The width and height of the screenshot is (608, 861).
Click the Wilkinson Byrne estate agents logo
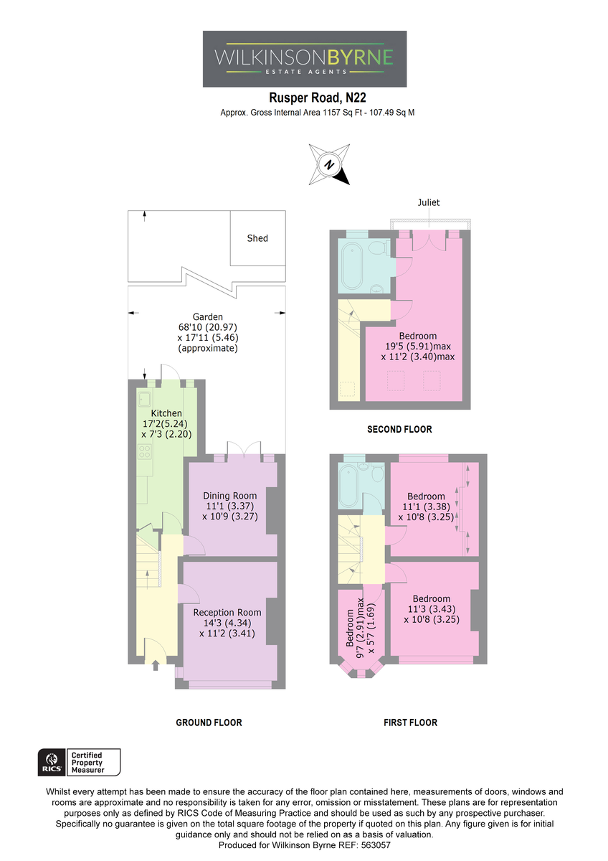pyautogui.click(x=304, y=59)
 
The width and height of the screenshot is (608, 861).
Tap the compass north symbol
pyautogui.click(x=329, y=164)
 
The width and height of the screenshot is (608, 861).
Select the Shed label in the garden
pyautogui.click(x=257, y=238)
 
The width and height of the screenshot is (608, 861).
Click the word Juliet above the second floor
pyautogui.click(x=429, y=202)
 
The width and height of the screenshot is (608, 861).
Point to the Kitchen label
pyautogui.click(x=166, y=413)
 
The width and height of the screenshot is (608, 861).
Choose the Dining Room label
pyautogui.click(x=229, y=496)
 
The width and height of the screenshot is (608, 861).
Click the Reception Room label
pyautogui.click(x=227, y=612)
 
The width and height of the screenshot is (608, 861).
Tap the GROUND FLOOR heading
pyautogui.click(x=209, y=723)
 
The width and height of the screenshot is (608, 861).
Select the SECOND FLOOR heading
pyautogui.click(x=399, y=429)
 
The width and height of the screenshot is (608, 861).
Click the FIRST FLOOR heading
pyautogui.click(x=410, y=723)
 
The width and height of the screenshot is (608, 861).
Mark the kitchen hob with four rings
pyautogui.click(x=145, y=451)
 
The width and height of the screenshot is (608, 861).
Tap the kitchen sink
pyautogui.click(x=145, y=400)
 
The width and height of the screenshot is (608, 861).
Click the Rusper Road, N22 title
pyautogui.click(x=317, y=98)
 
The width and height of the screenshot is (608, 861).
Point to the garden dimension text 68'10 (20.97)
pyautogui.click(x=208, y=327)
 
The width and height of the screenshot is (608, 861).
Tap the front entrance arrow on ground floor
pyautogui.click(x=156, y=665)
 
